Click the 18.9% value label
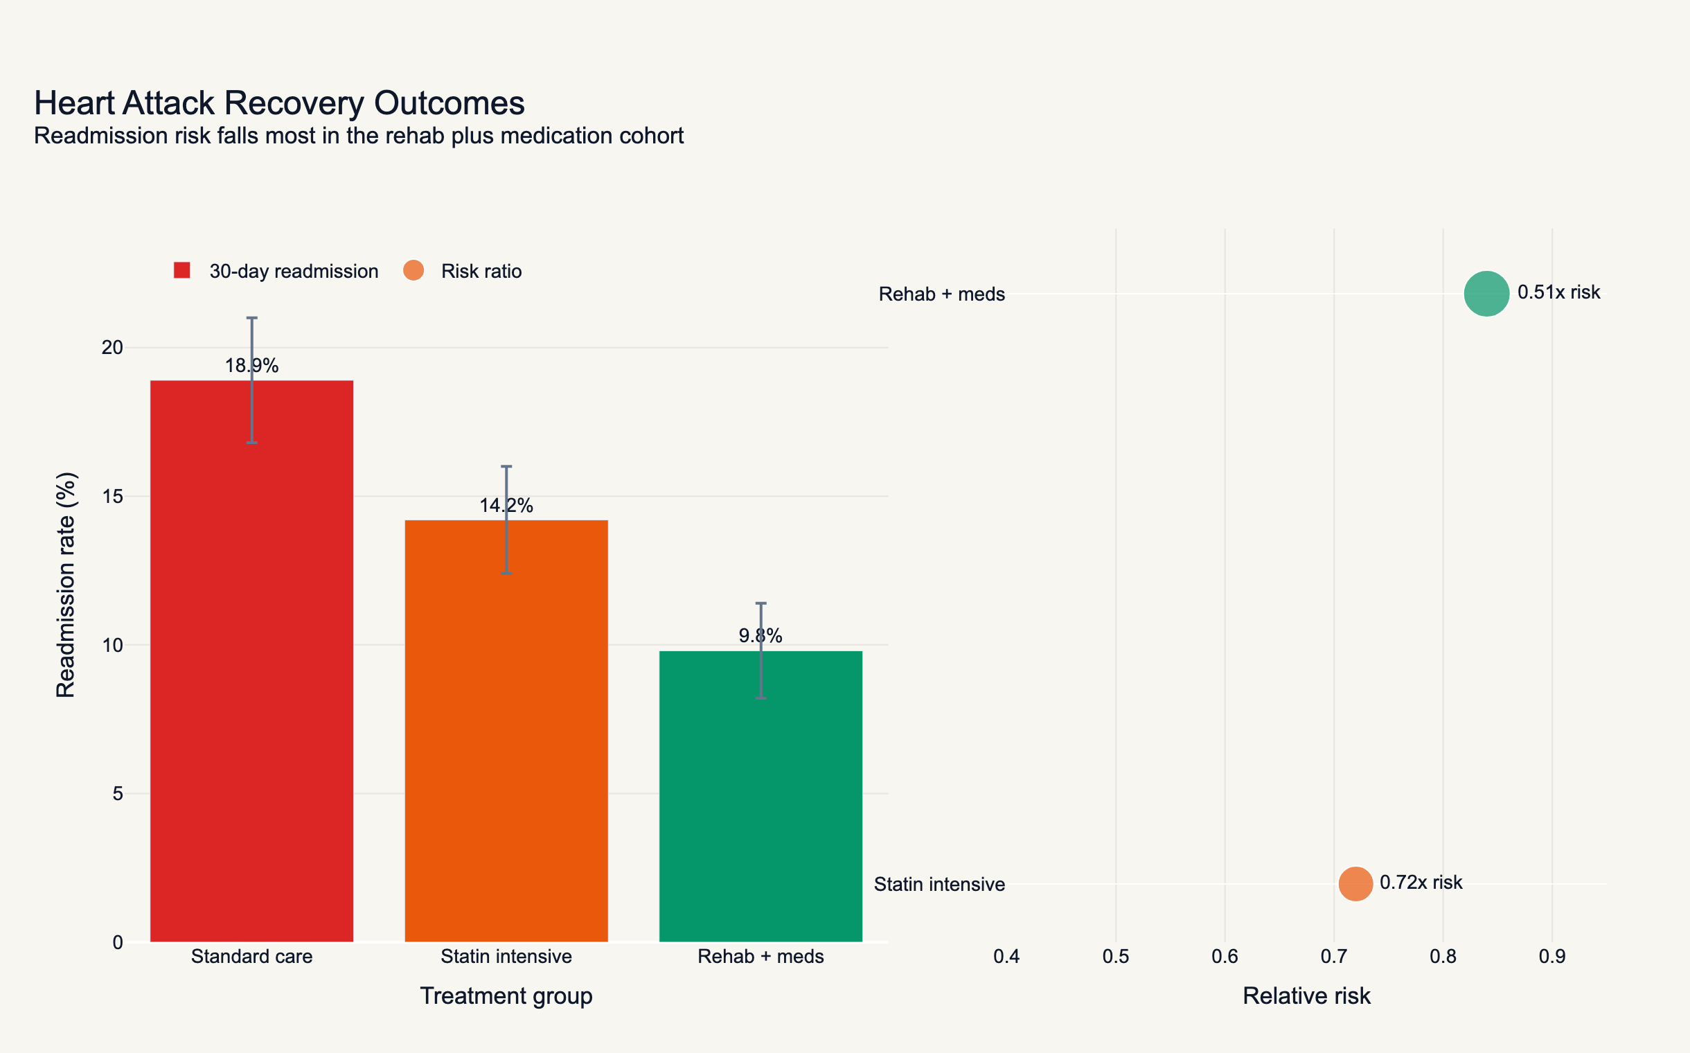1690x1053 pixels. [x=251, y=366]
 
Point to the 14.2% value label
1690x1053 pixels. [x=506, y=506]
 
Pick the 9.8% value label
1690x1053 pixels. [x=760, y=636]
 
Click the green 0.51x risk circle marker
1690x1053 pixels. [x=1486, y=294]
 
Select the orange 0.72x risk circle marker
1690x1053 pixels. [x=1355, y=884]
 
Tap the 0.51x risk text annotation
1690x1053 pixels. [x=1558, y=292]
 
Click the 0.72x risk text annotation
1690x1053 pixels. [x=1421, y=883]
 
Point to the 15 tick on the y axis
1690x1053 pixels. [x=112, y=496]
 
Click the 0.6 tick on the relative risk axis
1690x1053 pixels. [x=1224, y=956]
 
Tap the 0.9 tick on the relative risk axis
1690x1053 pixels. [x=1551, y=956]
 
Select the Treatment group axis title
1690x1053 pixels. [x=506, y=996]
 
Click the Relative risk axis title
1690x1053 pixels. [x=1306, y=996]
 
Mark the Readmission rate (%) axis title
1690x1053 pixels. [x=66, y=585]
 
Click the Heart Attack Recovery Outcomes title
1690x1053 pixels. [x=279, y=103]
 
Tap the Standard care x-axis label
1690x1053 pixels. [x=251, y=956]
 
